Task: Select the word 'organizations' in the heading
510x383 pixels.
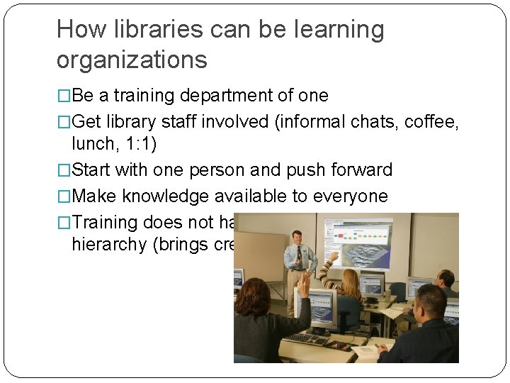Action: [132, 60]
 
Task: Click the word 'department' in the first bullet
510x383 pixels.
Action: [231, 96]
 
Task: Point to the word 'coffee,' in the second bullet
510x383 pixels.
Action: [431, 121]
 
